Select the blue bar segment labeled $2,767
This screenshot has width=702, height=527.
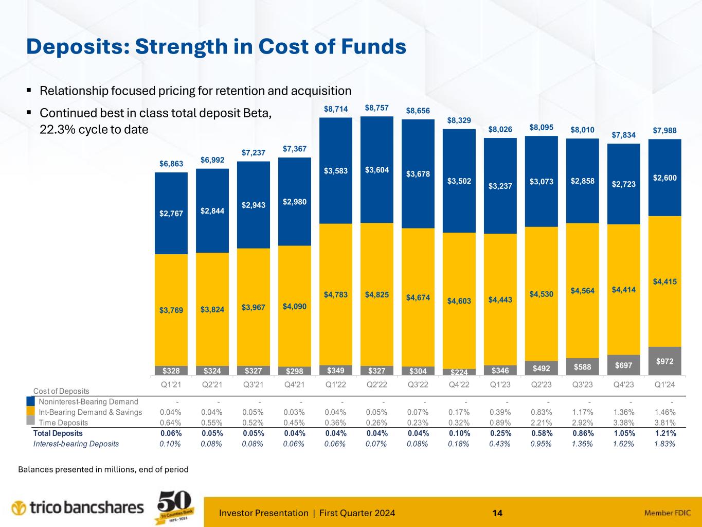coord(171,213)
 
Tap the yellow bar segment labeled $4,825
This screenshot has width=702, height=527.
coord(377,294)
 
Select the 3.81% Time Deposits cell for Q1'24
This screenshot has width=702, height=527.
coord(665,423)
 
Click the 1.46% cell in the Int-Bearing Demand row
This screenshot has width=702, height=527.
coord(665,412)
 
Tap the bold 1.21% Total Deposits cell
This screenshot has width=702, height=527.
coord(665,433)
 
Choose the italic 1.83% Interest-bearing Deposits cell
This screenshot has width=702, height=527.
coord(665,444)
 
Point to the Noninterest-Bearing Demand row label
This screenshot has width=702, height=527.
coord(88,402)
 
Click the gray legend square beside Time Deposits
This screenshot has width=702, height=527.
coord(31,421)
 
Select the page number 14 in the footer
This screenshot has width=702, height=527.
coord(497,513)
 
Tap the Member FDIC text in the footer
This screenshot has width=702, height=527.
coord(668,513)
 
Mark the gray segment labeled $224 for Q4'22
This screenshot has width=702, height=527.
coord(459,372)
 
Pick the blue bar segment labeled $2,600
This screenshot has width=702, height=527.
coord(665,178)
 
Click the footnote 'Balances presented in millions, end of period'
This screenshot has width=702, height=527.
coord(103,469)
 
